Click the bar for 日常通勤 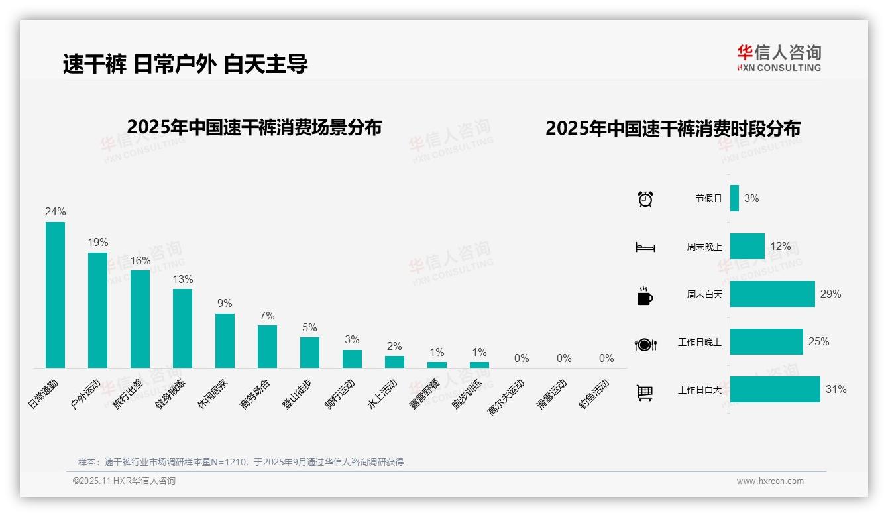[x=55, y=294]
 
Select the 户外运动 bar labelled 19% [x=97, y=310]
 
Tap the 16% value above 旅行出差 [x=140, y=261]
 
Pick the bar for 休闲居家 [x=225, y=340]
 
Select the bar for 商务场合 [x=267, y=346]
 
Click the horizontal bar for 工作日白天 [x=775, y=390]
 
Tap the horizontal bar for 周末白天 [x=772, y=294]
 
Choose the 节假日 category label [x=708, y=198]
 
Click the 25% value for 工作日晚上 [x=818, y=342]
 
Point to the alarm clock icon [x=645, y=199]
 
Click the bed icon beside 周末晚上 [x=645, y=247]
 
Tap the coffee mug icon [x=645, y=296]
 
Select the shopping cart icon [x=645, y=392]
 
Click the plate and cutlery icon [x=645, y=344]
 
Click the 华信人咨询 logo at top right [x=779, y=58]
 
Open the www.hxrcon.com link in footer [x=769, y=481]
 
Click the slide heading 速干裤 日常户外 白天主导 [x=186, y=64]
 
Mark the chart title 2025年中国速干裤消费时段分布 [x=673, y=129]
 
